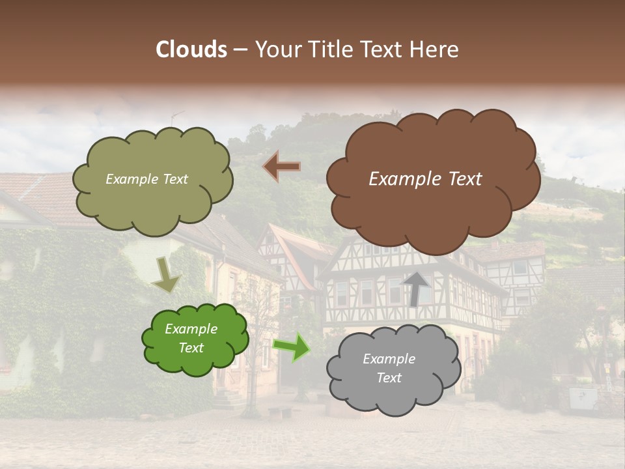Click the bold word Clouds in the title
191,50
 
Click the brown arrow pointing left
281,167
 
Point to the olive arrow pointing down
166,274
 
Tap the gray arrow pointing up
417,289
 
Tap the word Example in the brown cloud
400,179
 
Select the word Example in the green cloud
191,329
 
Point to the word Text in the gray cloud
389,378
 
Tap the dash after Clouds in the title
240,50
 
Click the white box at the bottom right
583,397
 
